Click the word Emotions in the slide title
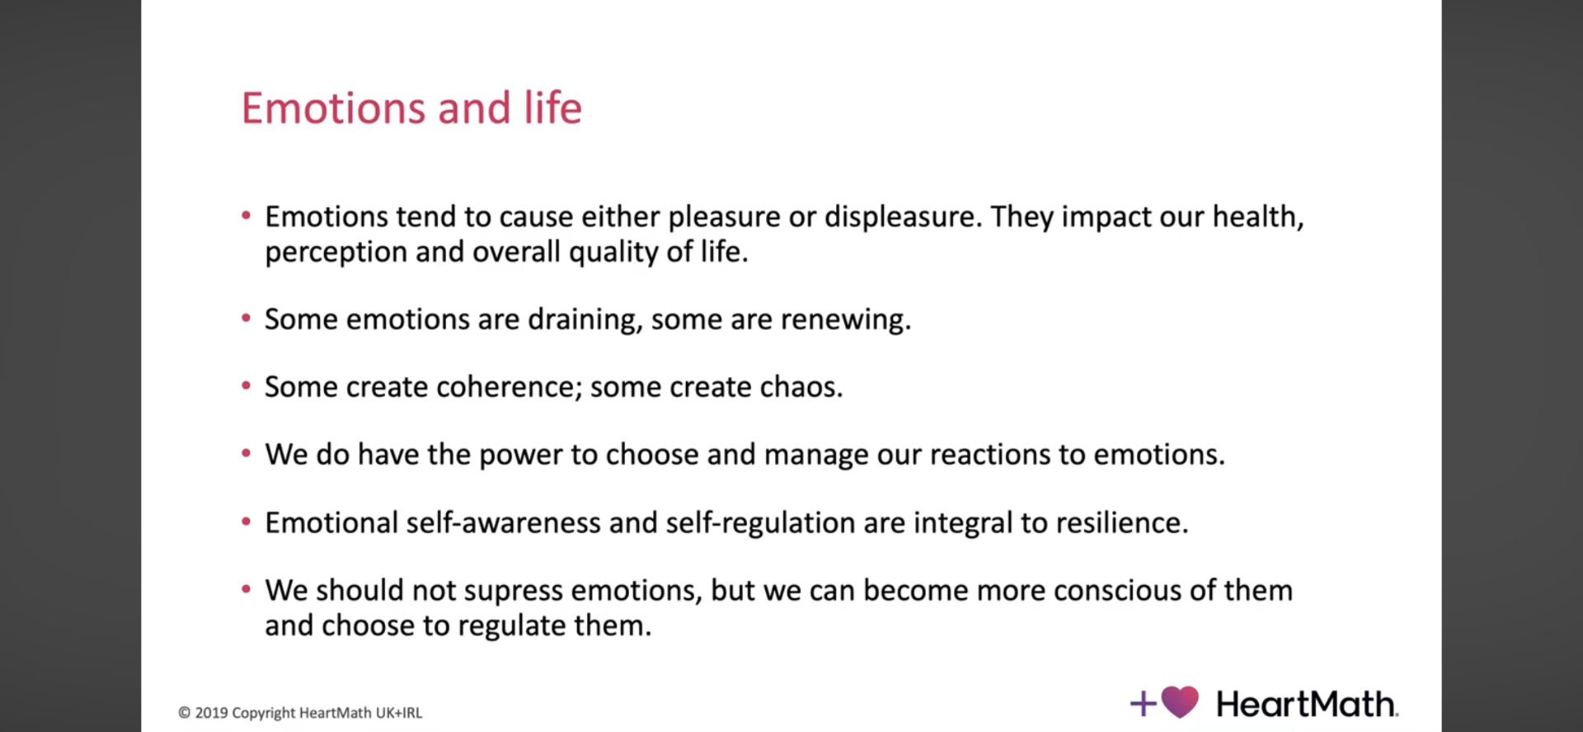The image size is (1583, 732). [334, 109]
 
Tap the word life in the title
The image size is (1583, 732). [552, 108]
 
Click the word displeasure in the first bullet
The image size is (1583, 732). [902, 218]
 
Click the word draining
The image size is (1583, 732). [585, 320]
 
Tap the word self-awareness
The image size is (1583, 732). [503, 523]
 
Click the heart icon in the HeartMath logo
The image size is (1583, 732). [1180, 702]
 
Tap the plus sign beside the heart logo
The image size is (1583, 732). [1143, 703]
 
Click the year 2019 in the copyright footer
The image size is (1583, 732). [211, 713]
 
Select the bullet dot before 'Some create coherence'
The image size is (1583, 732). [246, 385]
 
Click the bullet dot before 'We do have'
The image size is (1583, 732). [246, 453]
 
